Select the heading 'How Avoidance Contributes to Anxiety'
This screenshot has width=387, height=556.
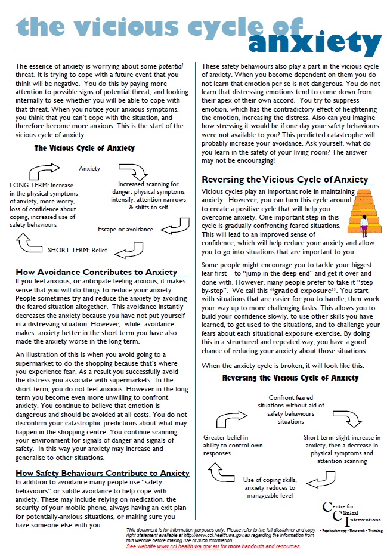[96, 272]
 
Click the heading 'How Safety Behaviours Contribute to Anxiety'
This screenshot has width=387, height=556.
[102, 473]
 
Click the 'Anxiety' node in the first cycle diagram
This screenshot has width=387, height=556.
[89, 169]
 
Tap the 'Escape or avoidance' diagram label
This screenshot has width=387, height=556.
[125, 229]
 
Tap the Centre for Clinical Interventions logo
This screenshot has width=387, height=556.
[349, 517]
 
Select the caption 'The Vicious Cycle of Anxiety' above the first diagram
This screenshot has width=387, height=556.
[84, 148]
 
